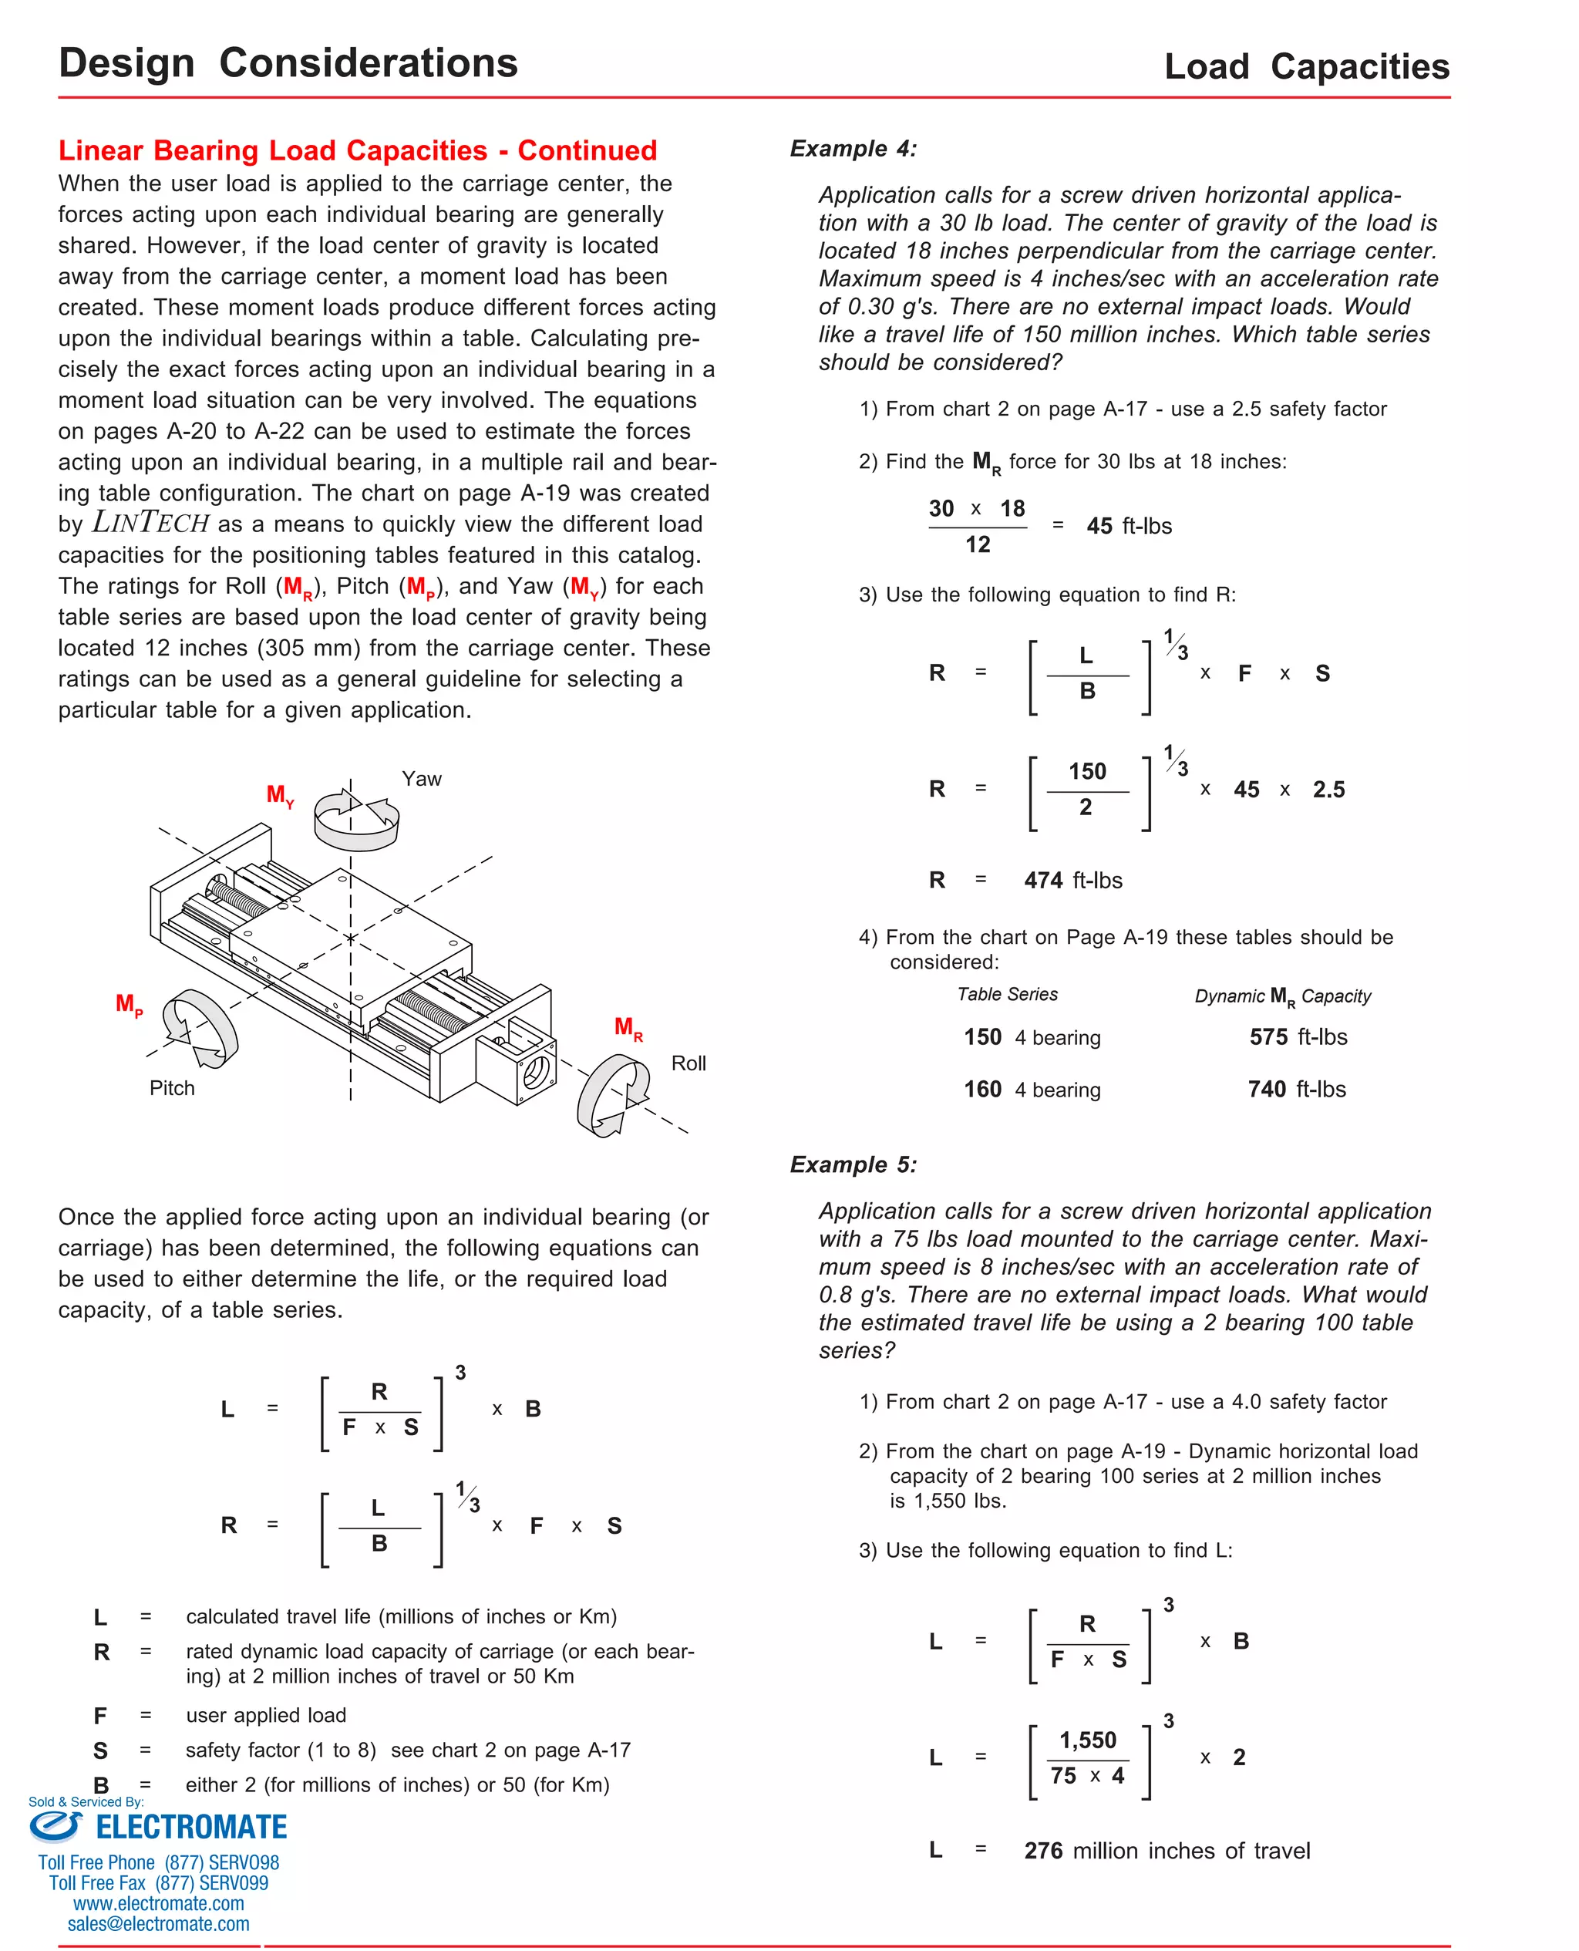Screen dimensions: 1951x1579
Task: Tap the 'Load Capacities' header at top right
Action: tap(1306, 66)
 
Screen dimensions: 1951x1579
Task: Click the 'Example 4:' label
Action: tap(852, 148)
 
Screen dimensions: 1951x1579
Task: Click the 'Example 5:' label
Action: tap(852, 1164)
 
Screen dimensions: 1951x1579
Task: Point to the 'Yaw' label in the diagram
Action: tap(421, 779)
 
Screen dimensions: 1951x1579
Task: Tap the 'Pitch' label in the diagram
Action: tap(172, 1088)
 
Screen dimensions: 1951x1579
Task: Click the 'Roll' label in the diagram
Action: tap(688, 1063)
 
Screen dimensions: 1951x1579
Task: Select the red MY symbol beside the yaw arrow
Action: tap(279, 795)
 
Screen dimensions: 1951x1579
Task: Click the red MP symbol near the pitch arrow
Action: tap(128, 1004)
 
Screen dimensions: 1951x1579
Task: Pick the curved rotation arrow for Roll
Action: tap(612, 1095)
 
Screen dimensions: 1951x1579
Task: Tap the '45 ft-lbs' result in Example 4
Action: tap(1128, 526)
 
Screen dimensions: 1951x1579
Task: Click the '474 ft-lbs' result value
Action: tap(1072, 880)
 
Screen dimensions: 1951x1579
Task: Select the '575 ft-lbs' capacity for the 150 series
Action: tap(1297, 1037)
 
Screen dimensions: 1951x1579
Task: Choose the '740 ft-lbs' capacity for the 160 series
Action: tap(1296, 1089)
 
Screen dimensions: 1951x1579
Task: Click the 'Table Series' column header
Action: tap(1007, 994)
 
